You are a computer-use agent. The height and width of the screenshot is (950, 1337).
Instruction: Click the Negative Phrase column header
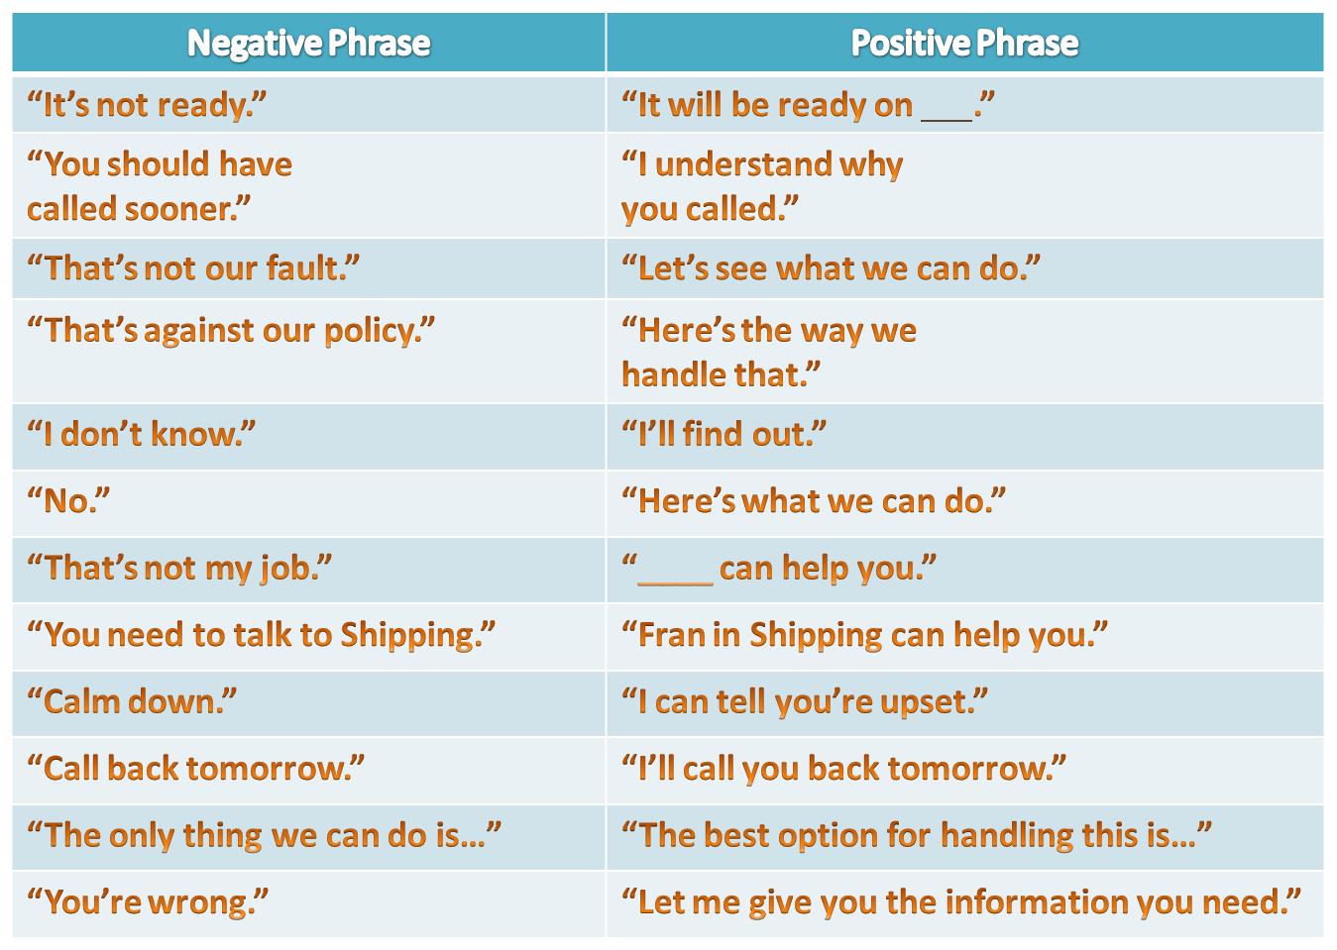pos(308,44)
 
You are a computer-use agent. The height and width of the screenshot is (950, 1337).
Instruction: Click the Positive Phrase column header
pos(964,44)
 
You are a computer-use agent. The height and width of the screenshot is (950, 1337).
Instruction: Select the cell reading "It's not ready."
pos(148,105)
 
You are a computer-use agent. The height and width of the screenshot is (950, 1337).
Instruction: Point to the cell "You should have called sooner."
pos(160,186)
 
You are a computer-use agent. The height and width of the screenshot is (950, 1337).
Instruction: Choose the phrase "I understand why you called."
pos(762,186)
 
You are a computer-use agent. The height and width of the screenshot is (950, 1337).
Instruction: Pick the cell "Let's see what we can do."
pos(831,268)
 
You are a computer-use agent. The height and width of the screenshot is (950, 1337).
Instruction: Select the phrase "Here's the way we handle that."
pos(769,352)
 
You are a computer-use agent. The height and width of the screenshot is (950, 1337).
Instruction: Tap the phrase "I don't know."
pos(142,434)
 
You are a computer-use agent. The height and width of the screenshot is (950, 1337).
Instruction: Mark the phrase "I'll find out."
pos(724,434)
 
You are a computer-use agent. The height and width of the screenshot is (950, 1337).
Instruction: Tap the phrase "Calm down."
pos(132,701)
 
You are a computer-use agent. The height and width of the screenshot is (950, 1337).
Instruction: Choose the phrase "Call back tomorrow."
pos(196,769)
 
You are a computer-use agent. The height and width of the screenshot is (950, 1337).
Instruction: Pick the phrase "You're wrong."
pos(148,902)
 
